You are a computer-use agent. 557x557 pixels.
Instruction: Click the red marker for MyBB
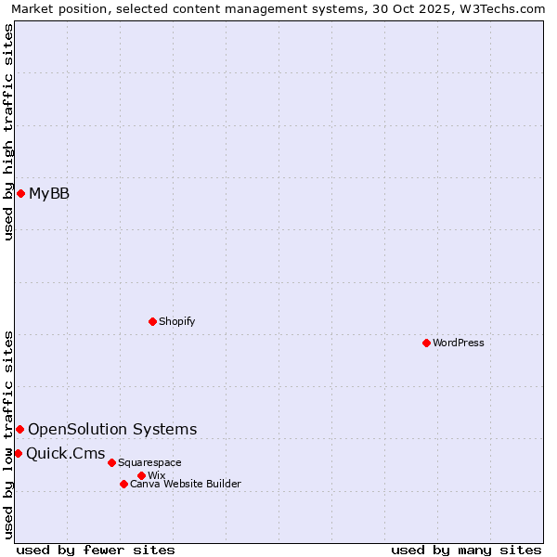click(20, 193)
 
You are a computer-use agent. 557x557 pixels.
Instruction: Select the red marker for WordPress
click(426, 343)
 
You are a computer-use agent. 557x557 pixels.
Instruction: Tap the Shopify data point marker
click(152, 321)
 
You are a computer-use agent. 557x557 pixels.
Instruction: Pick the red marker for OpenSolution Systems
click(19, 429)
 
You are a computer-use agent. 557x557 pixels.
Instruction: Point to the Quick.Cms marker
click(18, 453)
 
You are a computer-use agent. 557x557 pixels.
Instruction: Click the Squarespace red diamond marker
click(111, 462)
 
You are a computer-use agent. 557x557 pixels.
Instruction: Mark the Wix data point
click(141, 475)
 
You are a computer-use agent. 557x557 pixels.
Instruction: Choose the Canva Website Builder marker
click(123, 484)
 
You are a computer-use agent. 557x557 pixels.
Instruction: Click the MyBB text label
click(49, 193)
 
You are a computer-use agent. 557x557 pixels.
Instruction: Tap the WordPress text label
click(459, 343)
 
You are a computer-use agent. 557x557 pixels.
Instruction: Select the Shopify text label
click(176, 321)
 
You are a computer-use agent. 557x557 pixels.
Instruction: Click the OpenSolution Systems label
click(112, 429)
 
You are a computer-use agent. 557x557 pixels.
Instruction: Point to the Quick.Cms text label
click(65, 453)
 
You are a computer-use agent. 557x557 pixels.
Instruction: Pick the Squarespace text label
click(149, 462)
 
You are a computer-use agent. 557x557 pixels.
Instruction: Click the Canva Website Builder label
click(185, 484)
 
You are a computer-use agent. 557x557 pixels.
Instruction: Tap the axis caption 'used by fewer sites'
click(96, 550)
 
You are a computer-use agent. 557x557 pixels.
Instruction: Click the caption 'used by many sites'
click(466, 550)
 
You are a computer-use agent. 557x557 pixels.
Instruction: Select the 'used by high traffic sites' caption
click(9, 132)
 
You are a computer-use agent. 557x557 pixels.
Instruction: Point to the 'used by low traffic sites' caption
click(9, 434)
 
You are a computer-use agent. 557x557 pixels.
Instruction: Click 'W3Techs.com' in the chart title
click(499, 8)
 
